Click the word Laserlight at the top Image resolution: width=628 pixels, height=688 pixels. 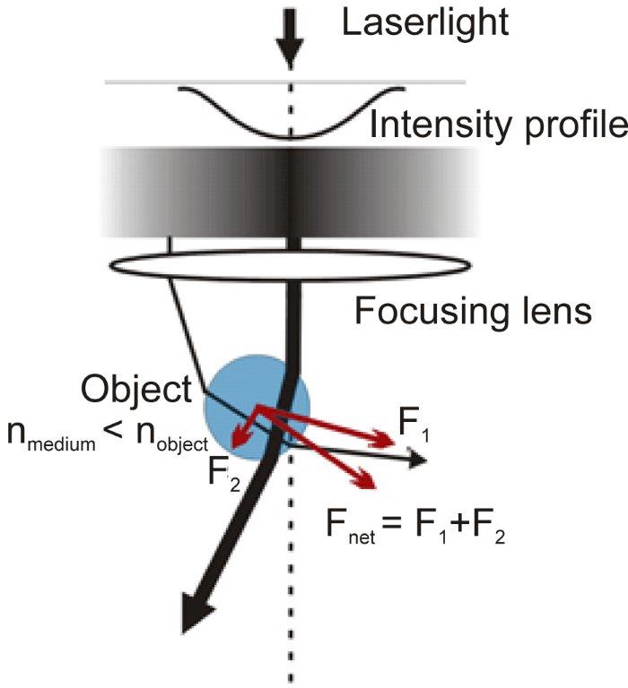click(425, 21)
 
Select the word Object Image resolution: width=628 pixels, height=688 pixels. click(135, 390)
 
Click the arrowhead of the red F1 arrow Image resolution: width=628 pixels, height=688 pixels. click(388, 440)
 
